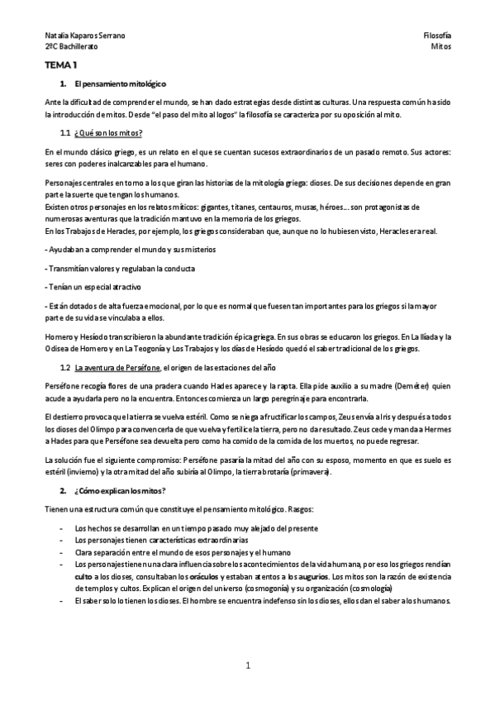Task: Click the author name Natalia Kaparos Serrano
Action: tap(85, 36)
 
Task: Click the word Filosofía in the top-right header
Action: tap(436, 36)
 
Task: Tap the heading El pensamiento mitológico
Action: tap(120, 84)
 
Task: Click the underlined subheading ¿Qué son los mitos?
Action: tap(108, 133)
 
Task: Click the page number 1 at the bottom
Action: tap(247, 665)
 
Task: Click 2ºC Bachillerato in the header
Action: tap(72, 48)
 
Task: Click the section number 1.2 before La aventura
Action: tap(65, 366)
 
